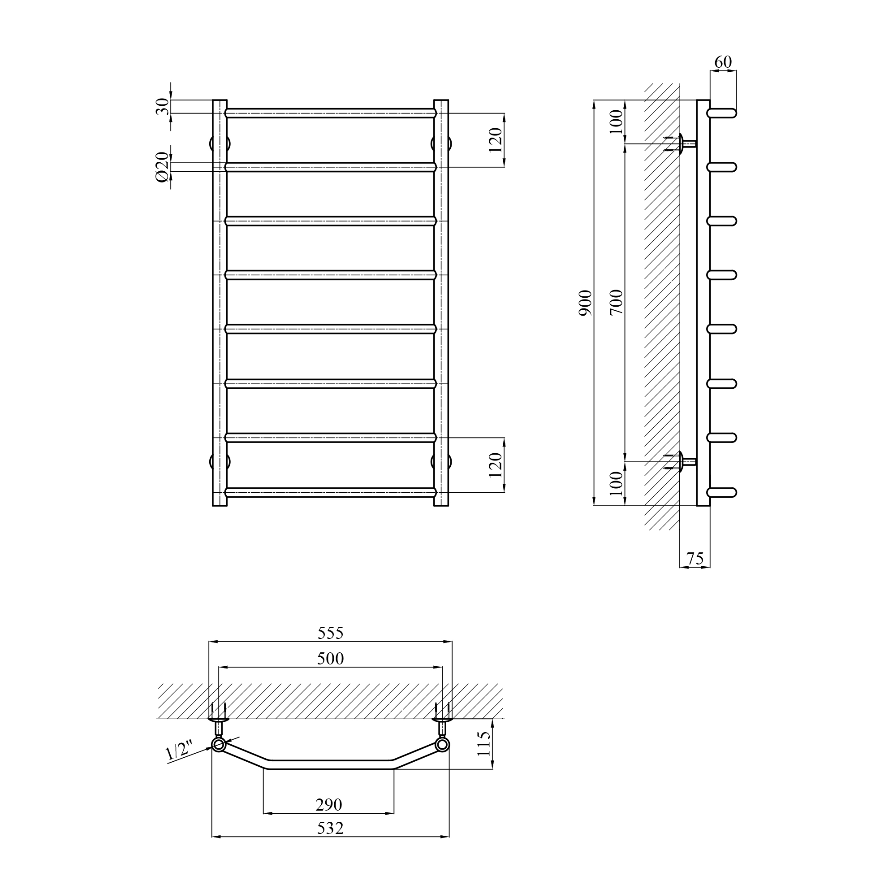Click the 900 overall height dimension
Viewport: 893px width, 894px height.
pyautogui.click(x=586, y=303)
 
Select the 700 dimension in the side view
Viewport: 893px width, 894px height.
pyautogui.click(x=617, y=302)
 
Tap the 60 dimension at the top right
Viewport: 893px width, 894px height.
pyautogui.click(x=723, y=62)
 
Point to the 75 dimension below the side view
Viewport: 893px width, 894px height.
pyautogui.click(x=695, y=559)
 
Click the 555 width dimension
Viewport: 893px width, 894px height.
pyautogui.click(x=331, y=633)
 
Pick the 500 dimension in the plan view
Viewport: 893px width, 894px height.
pyautogui.click(x=331, y=659)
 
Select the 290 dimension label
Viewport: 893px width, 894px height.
pyautogui.click(x=329, y=805)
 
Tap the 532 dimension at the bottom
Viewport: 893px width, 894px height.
pyautogui.click(x=330, y=828)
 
